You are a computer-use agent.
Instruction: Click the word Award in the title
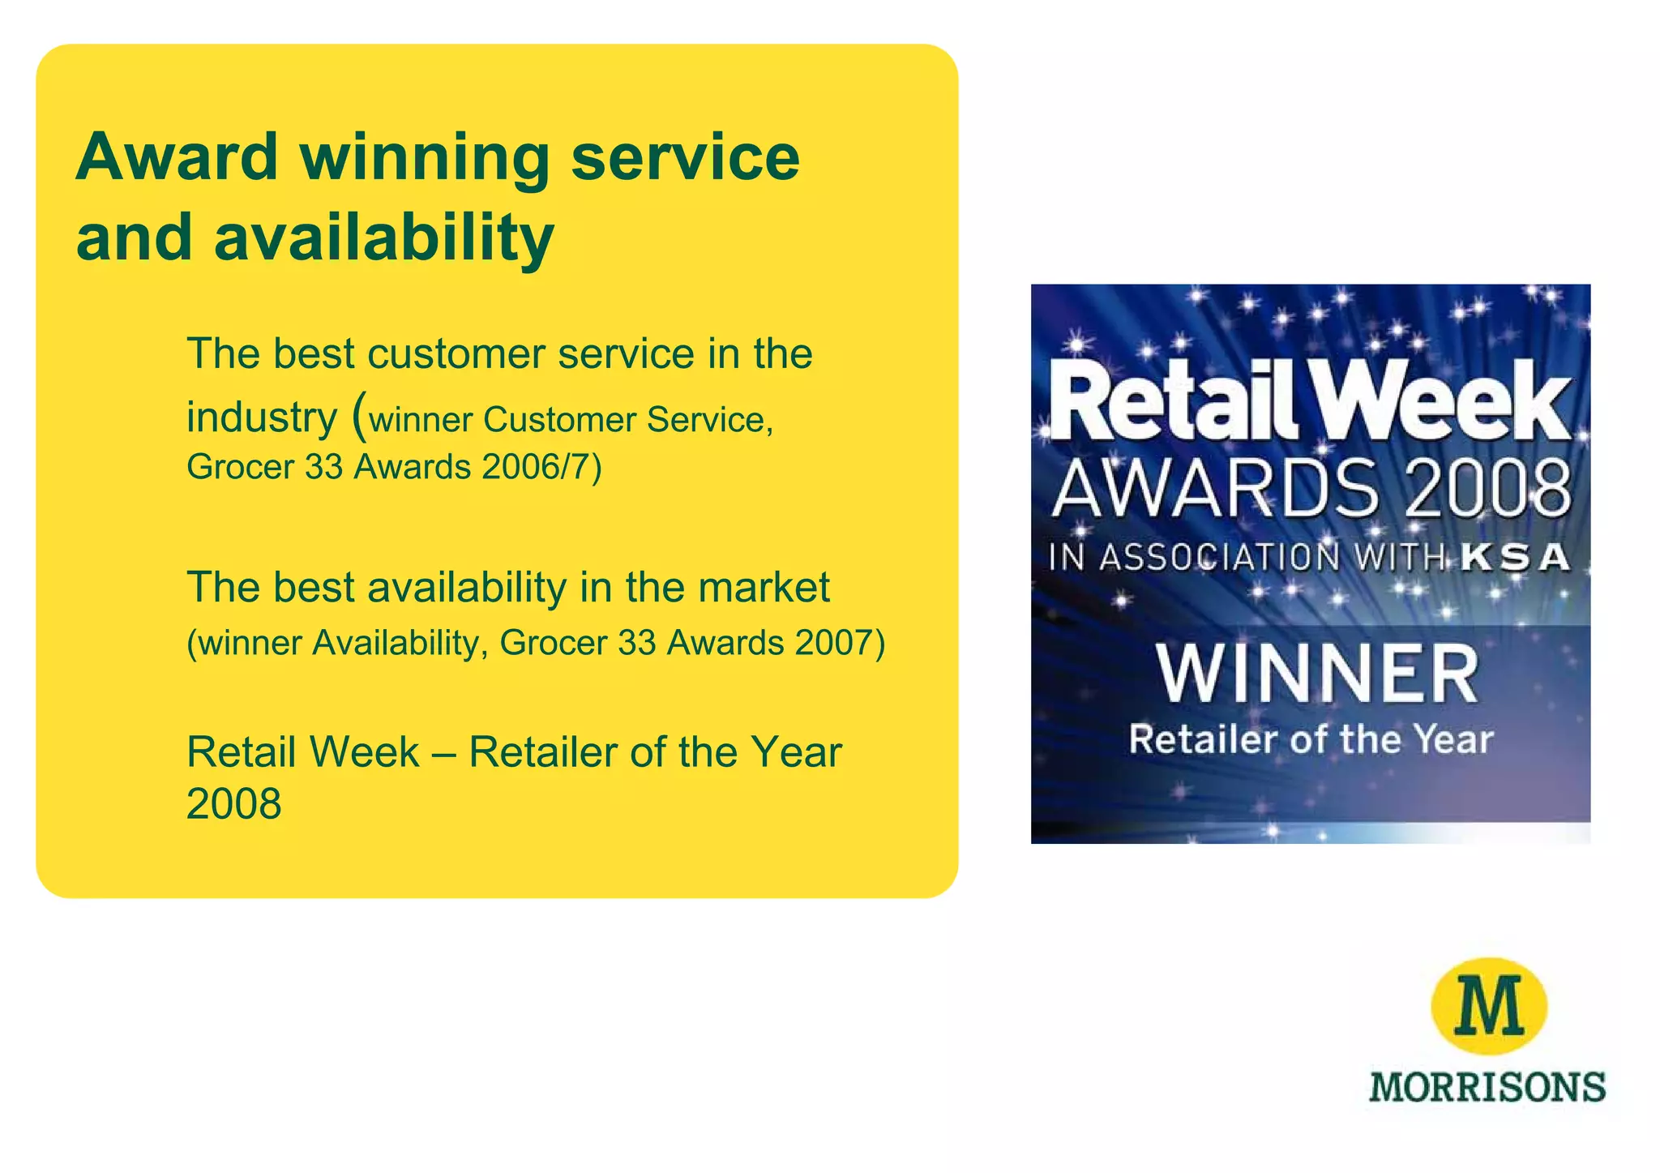[x=178, y=157]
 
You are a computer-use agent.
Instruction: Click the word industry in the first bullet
[x=261, y=418]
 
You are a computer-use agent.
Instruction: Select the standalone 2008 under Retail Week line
[x=233, y=804]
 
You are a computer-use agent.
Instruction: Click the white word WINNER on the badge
[x=1317, y=674]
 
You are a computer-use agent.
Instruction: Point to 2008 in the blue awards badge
[x=1487, y=489]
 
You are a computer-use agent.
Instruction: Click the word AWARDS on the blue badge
[x=1215, y=489]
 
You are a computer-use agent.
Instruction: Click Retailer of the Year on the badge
[x=1311, y=740]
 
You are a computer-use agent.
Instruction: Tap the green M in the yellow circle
[x=1490, y=1005]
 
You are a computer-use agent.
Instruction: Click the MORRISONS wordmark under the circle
[x=1487, y=1087]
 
